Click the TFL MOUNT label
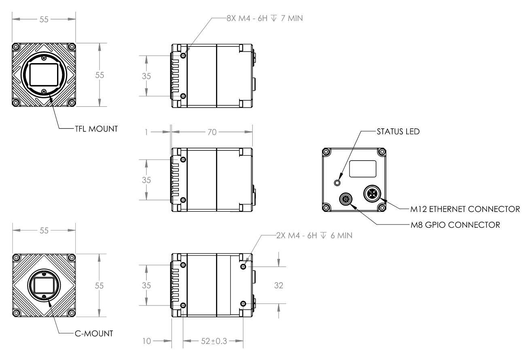tap(96, 129)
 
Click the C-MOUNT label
tap(94, 334)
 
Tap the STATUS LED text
tap(398, 131)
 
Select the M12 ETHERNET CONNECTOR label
tap(465, 209)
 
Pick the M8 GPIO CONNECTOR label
tap(455, 225)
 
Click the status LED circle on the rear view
tap(337, 183)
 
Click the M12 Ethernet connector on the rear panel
tap(372, 194)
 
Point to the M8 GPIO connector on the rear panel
tap(346, 199)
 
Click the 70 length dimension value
tap(212, 132)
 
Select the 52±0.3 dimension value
tap(214, 341)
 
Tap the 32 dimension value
tap(278, 286)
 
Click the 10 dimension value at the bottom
tap(146, 341)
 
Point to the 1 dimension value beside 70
tap(146, 132)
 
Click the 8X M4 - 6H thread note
tap(265, 18)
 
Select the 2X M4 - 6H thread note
tap(314, 235)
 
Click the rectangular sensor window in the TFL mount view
tap(44, 74)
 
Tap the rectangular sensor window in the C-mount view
tap(44, 286)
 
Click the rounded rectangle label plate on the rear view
tap(363, 169)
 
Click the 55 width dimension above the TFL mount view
tap(44, 19)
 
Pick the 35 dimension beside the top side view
tap(146, 76)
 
